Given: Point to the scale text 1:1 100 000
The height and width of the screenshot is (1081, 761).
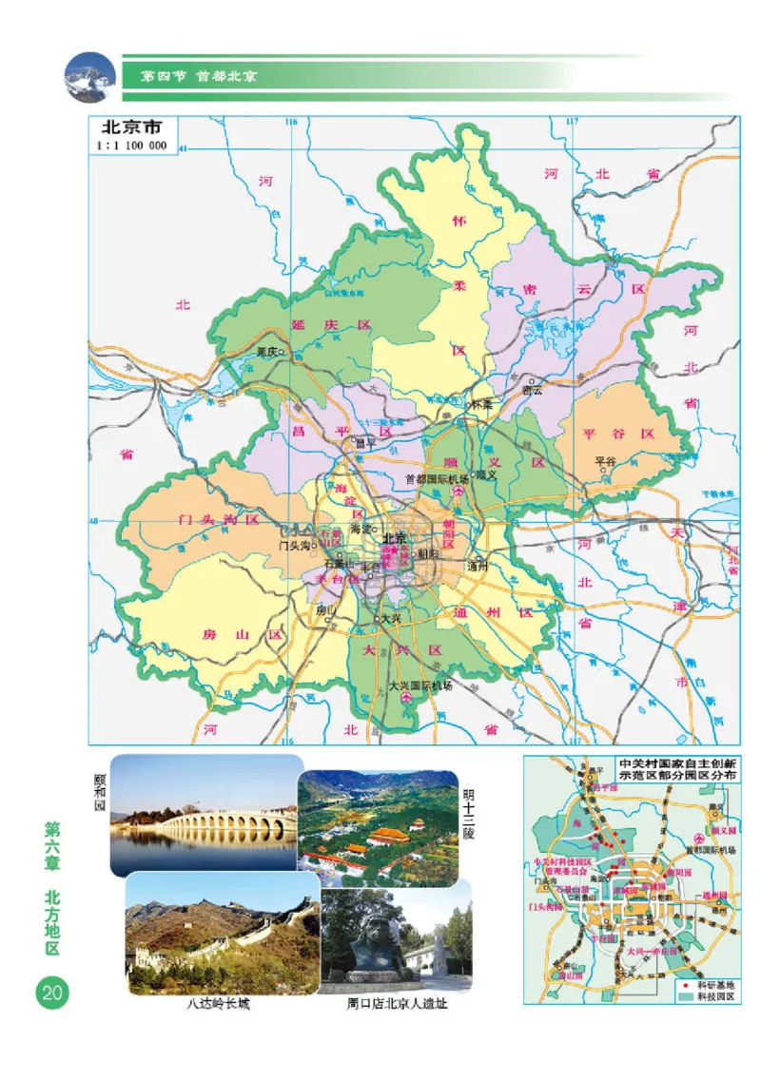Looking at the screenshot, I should pos(131,145).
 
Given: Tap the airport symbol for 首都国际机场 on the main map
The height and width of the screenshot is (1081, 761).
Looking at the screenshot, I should pos(459,491).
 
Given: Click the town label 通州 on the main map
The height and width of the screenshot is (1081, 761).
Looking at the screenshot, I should pos(477,567).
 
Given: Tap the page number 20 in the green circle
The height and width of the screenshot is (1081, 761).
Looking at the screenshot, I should pos(50,993).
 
